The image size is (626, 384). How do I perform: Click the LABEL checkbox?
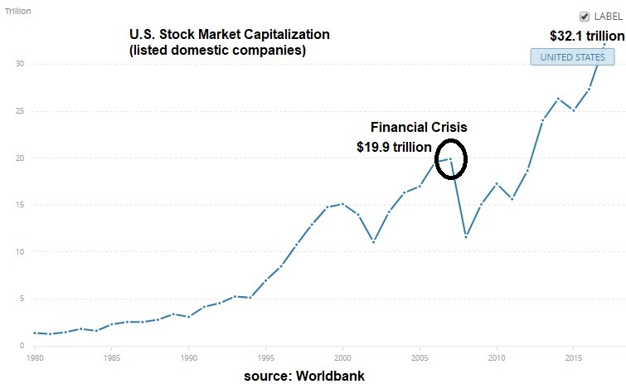pos(585,16)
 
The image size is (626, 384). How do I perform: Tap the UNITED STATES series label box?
pos(573,57)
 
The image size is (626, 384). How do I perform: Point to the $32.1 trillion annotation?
pos(587,36)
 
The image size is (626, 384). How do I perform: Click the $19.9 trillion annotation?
pos(394,148)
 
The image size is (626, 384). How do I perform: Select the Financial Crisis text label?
pos(418,128)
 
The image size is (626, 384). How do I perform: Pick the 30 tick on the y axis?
pos(19,64)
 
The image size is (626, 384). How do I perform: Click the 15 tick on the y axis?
pos(19,205)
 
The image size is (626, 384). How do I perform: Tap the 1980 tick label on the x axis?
pos(34,359)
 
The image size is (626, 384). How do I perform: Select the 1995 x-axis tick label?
pos(265,359)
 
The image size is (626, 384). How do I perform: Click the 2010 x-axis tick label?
pos(497,359)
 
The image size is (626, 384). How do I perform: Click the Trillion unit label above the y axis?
pos(19,12)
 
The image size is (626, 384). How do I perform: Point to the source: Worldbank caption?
pos(303,376)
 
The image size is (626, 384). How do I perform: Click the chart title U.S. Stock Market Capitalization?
pos(229,35)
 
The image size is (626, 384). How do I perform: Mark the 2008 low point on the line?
pos(466,236)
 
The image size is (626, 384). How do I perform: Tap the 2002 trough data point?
pos(373,241)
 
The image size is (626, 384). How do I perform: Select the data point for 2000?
pos(342,204)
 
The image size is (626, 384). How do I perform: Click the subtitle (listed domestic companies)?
pos(217,51)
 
